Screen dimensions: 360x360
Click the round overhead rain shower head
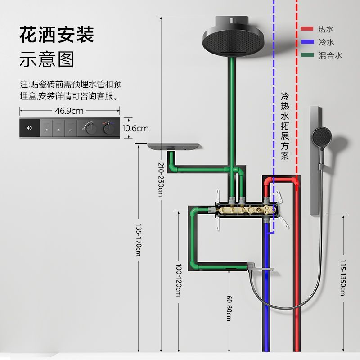pyautogui.click(x=234, y=41)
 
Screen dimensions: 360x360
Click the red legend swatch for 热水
pyautogui.click(x=307, y=29)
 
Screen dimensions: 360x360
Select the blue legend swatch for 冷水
pyautogui.click(x=307, y=42)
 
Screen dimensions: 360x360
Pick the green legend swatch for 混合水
pyautogui.click(x=307, y=55)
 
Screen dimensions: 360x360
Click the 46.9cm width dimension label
pyautogui.click(x=69, y=111)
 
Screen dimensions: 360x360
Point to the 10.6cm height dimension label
pyautogui.click(x=135, y=128)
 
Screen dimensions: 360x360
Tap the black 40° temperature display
pyautogui.click(x=30, y=128)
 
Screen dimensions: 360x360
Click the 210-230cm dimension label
pyautogui.click(x=161, y=179)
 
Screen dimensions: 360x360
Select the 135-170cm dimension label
pyautogui.click(x=139, y=240)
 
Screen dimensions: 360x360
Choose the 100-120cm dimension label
pyautogui.click(x=179, y=280)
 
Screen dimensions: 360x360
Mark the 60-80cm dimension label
pyautogui.click(x=229, y=308)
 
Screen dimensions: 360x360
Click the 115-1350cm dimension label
pyautogui.click(x=343, y=278)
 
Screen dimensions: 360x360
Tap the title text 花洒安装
pyautogui.click(x=57, y=35)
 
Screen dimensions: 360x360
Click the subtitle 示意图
pyautogui.click(x=47, y=59)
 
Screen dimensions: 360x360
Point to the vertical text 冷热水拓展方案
pyautogui.click(x=285, y=126)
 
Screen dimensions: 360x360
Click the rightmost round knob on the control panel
pyautogui.click(x=109, y=129)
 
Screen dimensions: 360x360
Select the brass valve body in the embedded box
pyautogui.click(x=246, y=210)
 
